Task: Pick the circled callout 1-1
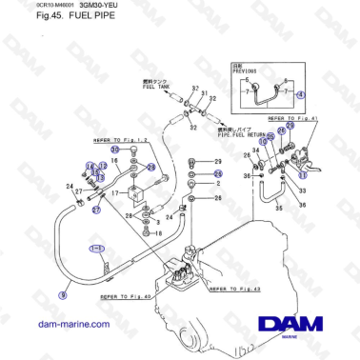(98, 249)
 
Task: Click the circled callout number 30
(115, 150)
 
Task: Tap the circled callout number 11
(304, 174)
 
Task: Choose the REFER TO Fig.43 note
(232, 287)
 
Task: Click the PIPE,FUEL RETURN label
(245, 135)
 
